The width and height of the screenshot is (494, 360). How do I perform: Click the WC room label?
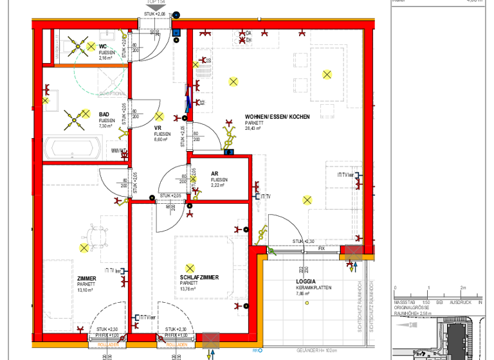coord(102,46)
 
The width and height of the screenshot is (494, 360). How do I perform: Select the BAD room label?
coord(104,114)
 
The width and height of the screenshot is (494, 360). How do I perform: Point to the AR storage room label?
coord(214,174)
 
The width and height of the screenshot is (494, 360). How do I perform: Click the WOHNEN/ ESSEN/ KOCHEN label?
coord(277,117)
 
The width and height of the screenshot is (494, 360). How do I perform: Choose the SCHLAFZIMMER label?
coord(199,278)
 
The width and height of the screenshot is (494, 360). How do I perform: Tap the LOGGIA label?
coord(306,282)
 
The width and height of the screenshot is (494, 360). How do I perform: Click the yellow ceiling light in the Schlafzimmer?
coord(189,268)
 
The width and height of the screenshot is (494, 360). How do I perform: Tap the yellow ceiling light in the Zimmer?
coord(84,248)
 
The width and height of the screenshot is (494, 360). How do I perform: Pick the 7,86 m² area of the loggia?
coord(304,294)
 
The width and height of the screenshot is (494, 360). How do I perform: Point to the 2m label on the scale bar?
coord(462,288)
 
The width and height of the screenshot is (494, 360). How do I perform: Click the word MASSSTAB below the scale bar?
coord(407,301)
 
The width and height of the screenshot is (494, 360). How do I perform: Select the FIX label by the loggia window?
coord(322,248)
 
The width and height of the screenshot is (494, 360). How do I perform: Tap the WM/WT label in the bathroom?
coord(118,151)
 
